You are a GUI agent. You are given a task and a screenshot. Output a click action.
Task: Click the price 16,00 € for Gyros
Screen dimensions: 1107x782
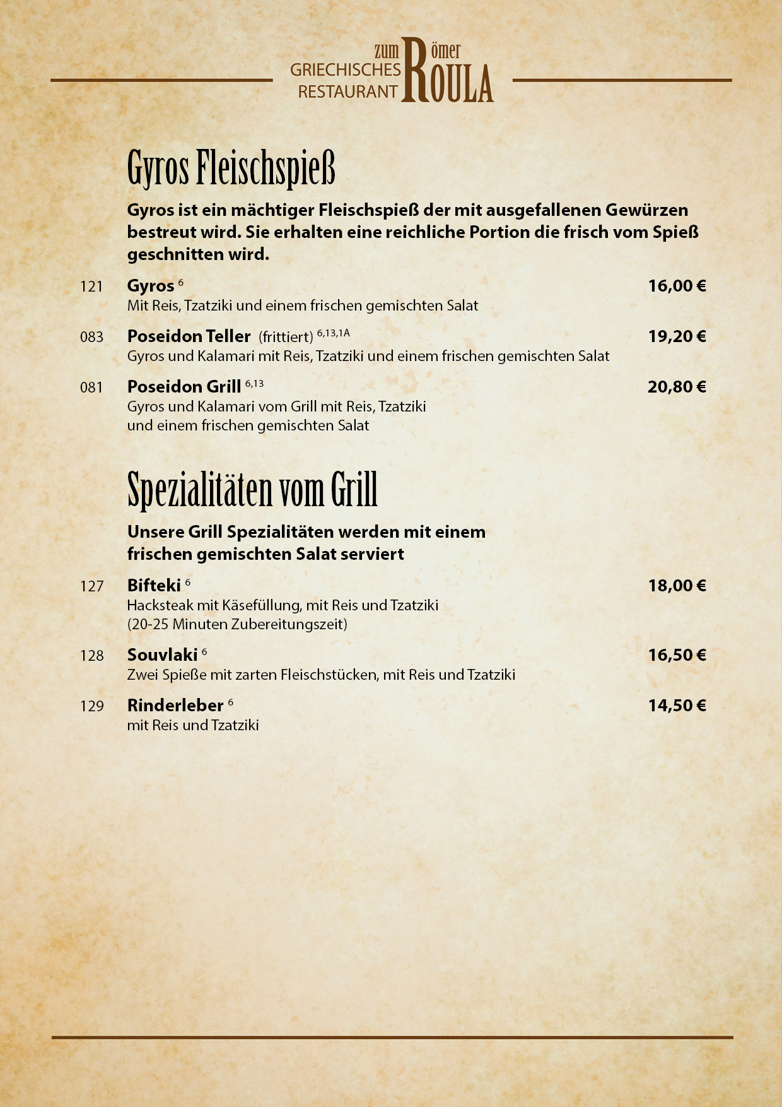coord(677,286)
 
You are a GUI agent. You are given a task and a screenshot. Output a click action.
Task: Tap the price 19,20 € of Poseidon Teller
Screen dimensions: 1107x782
coord(677,336)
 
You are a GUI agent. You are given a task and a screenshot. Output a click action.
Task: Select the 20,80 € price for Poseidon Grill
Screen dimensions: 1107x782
coord(677,387)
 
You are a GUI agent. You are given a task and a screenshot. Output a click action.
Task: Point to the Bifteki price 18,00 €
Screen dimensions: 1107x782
coord(677,586)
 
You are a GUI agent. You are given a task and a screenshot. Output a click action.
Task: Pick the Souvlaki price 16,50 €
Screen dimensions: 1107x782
coord(677,655)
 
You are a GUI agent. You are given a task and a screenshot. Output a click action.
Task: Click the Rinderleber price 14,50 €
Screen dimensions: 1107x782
coord(677,706)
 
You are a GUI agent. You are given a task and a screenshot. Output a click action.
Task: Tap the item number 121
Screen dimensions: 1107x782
coord(91,287)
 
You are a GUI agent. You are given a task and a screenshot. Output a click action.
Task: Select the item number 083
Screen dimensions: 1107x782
coord(91,337)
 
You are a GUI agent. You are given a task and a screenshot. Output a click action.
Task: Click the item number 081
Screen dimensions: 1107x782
coord(91,388)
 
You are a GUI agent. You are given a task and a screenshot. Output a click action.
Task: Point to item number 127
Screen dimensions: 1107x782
coord(91,586)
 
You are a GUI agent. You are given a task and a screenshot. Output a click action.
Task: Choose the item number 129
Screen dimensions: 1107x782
coord(91,706)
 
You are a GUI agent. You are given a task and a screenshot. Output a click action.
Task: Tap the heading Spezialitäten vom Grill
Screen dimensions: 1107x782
coord(252,490)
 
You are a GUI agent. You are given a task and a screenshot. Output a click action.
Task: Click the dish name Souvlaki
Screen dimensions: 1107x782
coord(162,655)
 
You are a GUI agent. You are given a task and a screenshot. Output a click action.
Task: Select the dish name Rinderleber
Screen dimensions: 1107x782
coord(175,706)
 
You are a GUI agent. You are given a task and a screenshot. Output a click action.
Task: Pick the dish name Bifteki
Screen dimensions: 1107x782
coord(154,586)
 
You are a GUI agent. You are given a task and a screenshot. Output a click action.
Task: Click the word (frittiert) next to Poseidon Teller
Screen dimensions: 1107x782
coord(286,337)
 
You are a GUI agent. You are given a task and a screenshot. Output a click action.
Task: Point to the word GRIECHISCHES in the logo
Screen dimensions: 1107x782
coord(345,70)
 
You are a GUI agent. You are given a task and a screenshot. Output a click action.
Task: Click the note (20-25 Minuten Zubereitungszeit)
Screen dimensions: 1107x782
coord(237,625)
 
